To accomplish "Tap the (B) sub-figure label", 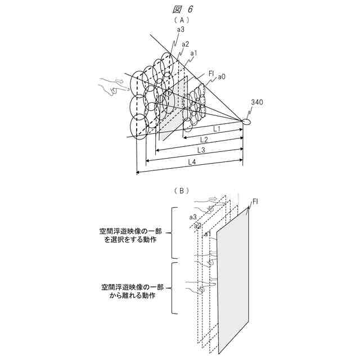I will coord(180,190).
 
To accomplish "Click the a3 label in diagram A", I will coord(180,29).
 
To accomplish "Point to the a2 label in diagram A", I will coord(186,43).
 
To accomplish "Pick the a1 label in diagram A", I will coord(193,53).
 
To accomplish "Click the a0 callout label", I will coord(222,75).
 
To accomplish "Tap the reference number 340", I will coord(256,102).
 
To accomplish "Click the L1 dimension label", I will coord(215,129).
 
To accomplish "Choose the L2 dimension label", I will coord(204,139).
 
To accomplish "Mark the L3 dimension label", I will coord(201,150).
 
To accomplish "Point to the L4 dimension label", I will coord(191,161).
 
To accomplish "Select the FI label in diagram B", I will coord(255,201).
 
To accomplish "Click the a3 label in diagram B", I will coord(192,217).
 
